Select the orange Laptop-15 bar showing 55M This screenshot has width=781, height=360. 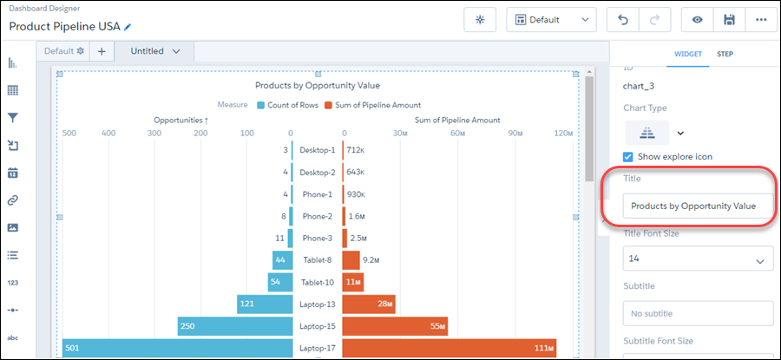tap(395, 325)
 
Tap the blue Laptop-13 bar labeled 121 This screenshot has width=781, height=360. tap(264, 304)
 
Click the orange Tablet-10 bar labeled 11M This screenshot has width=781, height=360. tap(352, 282)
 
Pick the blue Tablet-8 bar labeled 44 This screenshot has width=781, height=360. tap(281, 259)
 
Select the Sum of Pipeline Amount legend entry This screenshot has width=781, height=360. tap(372, 105)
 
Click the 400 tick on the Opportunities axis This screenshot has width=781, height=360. tap(108, 134)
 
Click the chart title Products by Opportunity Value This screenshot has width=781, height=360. tap(317, 85)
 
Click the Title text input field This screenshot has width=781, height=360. tap(698, 206)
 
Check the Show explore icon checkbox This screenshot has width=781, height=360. tap(629, 156)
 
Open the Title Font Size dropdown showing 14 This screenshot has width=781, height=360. tap(698, 259)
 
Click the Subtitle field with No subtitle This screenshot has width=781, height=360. tap(698, 313)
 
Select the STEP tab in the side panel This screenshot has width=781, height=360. tap(725, 55)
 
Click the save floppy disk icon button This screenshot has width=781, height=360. tap(729, 19)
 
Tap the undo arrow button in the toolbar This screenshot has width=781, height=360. tap(623, 19)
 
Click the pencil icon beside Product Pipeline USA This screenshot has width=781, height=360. tap(128, 27)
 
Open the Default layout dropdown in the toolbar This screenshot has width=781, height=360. tap(551, 19)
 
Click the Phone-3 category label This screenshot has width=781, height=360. tap(316, 238)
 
